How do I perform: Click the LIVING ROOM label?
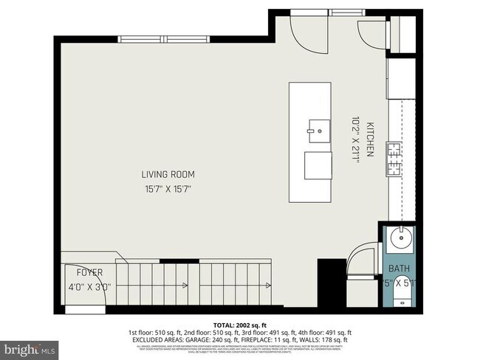168,175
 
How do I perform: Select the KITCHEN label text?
371,140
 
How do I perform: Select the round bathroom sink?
403,240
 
